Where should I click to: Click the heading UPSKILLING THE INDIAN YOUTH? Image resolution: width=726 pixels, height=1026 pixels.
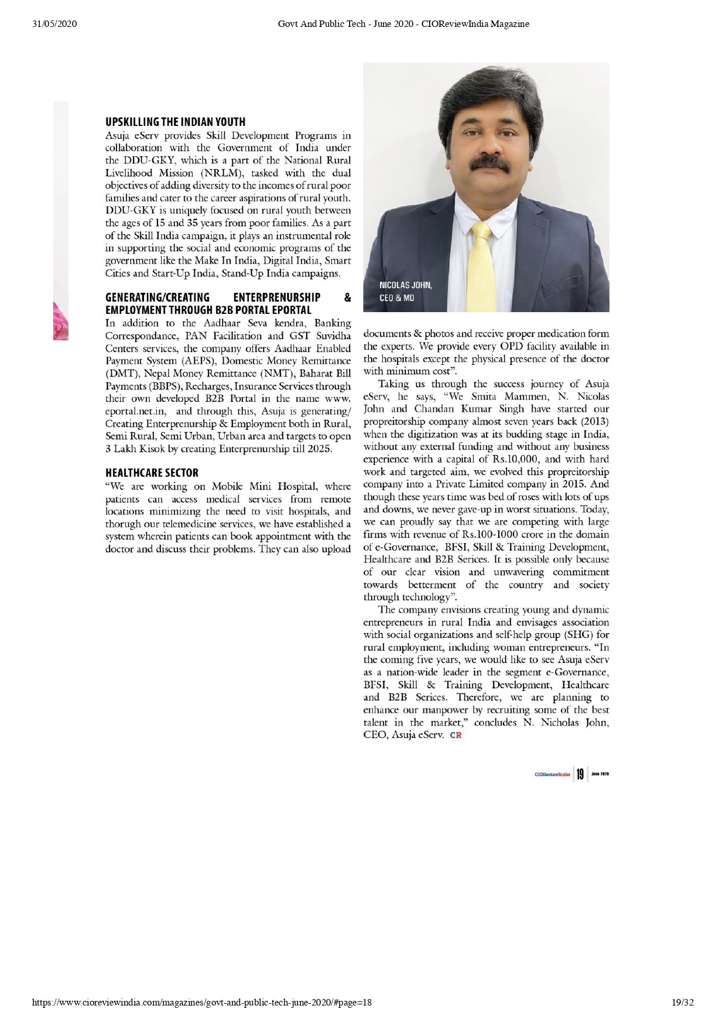[175, 122]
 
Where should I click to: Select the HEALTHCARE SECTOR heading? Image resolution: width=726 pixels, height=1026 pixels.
[152, 473]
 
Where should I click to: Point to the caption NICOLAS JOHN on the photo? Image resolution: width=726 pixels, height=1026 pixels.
[406, 285]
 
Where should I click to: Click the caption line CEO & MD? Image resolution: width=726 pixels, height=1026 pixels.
[396, 297]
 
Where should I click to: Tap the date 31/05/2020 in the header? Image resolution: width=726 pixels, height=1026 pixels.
[55, 24]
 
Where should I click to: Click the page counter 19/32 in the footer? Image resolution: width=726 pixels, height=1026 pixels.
[682, 1003]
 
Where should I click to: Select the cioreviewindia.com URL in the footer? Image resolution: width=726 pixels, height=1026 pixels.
[202, 1003]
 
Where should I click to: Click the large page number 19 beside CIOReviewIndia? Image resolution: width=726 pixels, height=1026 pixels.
[580, 774]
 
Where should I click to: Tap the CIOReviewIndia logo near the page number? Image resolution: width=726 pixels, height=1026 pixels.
[552, 775]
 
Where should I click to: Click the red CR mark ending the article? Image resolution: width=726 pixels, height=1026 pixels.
[456, 736]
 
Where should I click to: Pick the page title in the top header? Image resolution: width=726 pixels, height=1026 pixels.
[403, 24]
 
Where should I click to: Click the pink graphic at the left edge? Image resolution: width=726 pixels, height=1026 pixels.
[61, 320]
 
